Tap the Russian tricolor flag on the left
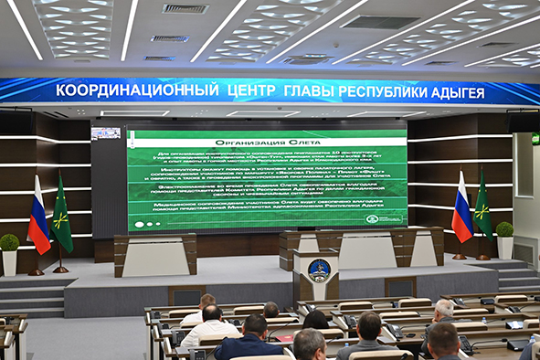(x=38, y=217)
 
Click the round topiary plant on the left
(x=9, y=243)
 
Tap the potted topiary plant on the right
(x=504, y=230)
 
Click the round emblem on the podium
(x=317, y=270)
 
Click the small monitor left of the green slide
(x=106, y=133)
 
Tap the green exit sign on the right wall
(x=535, y=139)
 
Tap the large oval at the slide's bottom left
(x=140, y=224)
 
